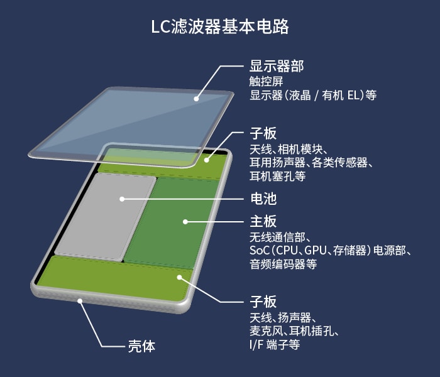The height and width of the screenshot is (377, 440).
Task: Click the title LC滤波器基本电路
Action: (220, 26)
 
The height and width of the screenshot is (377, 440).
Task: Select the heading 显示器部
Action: (277, 67)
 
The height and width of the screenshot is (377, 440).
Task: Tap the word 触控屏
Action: (267, 82)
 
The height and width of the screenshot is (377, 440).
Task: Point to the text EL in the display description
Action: (353, 96)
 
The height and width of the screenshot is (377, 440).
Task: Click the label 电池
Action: (263, 199)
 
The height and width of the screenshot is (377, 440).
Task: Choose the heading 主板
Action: (263, 221)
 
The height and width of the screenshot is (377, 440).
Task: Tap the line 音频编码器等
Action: (283, 264)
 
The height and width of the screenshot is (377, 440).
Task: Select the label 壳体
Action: (141, 346)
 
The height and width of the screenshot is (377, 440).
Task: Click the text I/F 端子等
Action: (275, 344)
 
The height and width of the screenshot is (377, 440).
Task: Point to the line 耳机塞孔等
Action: (278, 176)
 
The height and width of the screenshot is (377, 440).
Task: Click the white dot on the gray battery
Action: (122, 199)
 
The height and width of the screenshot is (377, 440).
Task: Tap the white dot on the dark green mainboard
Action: (185, 222)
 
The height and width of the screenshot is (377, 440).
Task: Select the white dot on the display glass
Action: (196, 99)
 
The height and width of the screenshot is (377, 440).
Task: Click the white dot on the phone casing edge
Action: (80, 301)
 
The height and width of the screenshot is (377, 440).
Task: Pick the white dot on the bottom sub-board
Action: (180, 278)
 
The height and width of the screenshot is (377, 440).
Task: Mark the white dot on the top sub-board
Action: (207, 160)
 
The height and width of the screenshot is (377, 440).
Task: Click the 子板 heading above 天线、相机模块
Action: (263, 133)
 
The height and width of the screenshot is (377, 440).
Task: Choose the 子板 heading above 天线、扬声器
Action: (263, 302)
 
